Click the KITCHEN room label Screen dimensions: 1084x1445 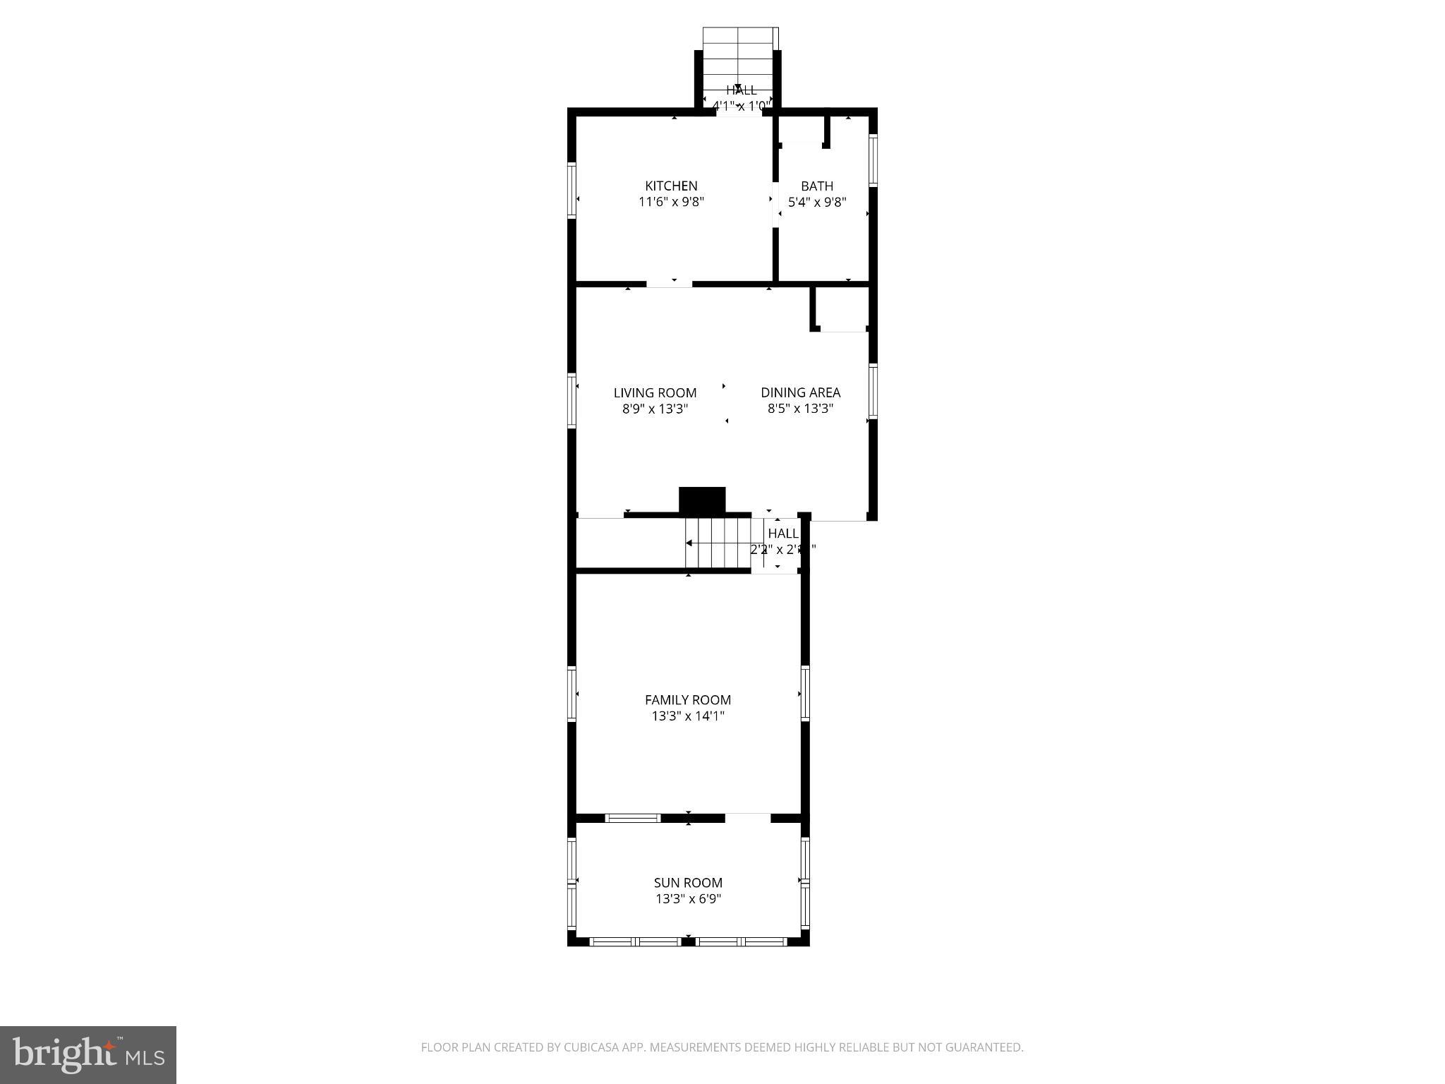coord(671,186)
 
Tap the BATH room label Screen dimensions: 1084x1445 coord(816,186)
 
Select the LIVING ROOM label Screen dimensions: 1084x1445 coord(655,392)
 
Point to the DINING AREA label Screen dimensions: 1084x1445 coord(800,392)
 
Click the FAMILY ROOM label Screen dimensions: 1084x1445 coord(687,699)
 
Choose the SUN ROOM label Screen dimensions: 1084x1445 coord(687,882)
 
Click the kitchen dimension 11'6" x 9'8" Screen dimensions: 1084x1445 coord(671,202)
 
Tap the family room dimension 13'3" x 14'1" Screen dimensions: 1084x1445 coord(687,716)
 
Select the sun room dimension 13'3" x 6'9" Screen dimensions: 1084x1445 coord(687,899)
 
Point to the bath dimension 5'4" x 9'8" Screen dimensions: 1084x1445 coord(816,202)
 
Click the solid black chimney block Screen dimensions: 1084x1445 coord(701,500)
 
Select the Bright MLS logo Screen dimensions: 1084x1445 coord(88,1054)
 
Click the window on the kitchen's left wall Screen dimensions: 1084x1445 coord(572,189)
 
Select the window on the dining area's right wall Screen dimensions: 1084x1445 coord(872,391)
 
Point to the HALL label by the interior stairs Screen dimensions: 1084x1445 coord(782,534)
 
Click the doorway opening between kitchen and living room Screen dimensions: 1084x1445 coord(669,284)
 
